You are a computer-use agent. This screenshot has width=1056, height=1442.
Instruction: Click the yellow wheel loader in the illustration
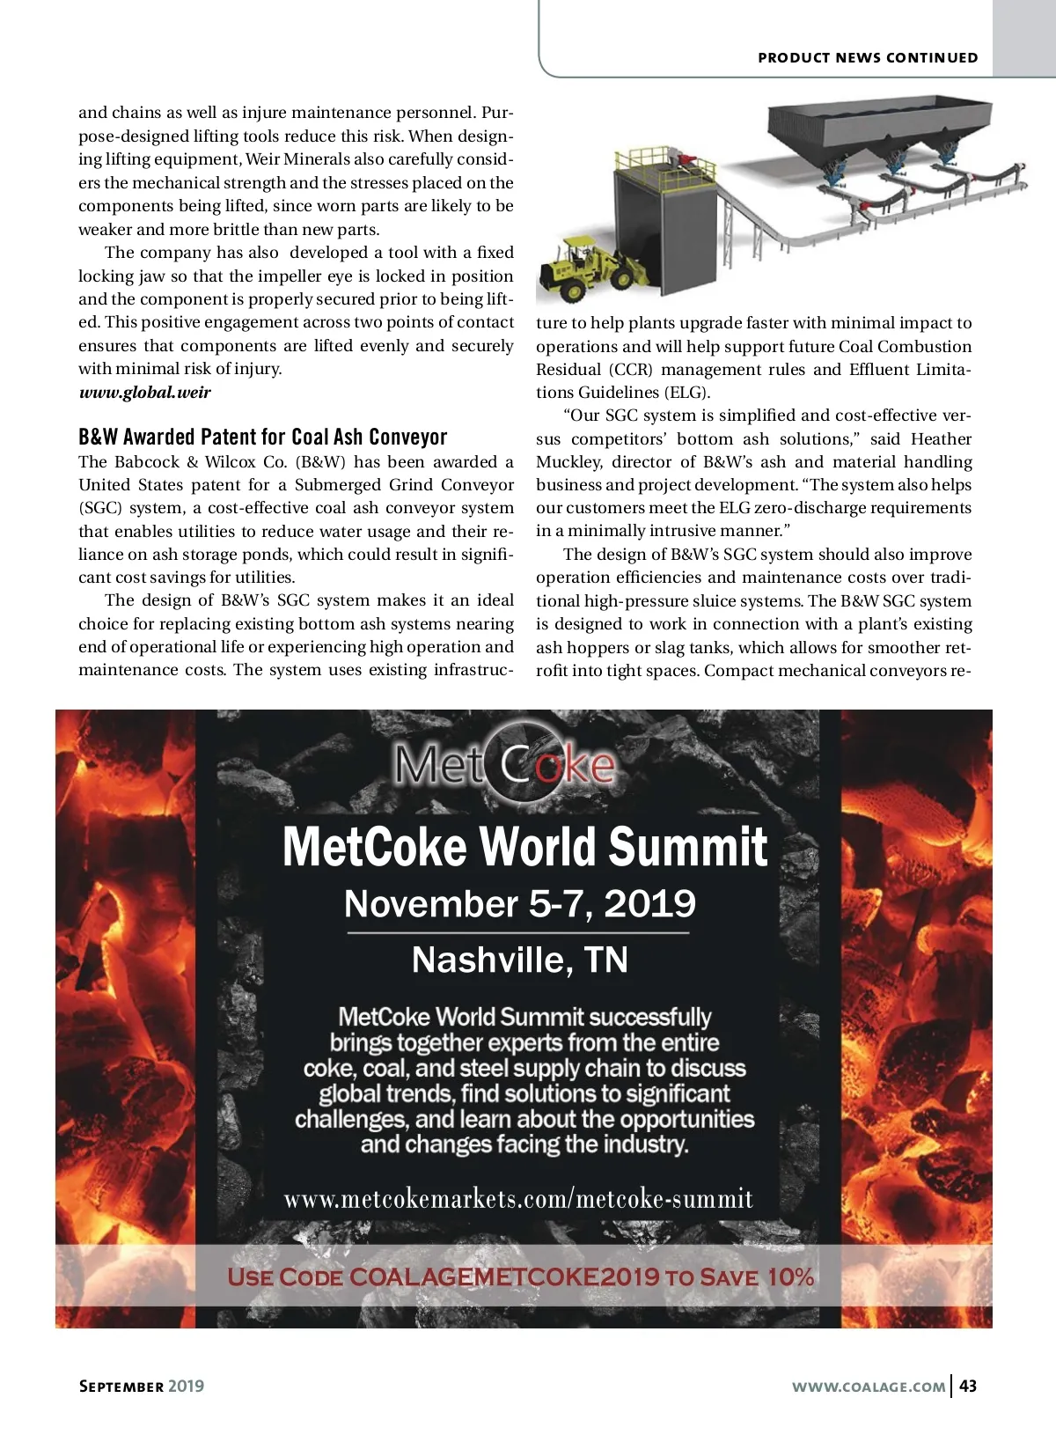pyautogui.click(x=580, y=265)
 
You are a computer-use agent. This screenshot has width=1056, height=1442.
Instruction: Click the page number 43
pyautogui.click(x=968, y=1386)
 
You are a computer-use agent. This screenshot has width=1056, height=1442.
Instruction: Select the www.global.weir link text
pyautogui.click(x=144, y=393)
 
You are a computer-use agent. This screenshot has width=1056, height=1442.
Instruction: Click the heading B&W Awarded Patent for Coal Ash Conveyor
pyautogui.click(x=262, y=438)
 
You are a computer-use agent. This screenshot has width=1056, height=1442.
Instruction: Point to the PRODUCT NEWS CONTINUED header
pyautogui.click(x=868, y=57)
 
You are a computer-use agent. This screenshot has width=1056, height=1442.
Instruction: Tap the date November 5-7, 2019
pyautogui.click(x=519, y=904)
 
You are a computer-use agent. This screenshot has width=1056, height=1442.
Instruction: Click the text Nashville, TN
pyautogui.click(x=519, y=960)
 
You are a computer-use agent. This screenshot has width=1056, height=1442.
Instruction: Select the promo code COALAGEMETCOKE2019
pyautogui.click(x=504, y=1277)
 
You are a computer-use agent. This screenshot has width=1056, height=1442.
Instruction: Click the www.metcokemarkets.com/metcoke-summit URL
pyautogui.click(x=518, y=1199)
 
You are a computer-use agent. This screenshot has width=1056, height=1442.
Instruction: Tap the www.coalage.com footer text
pyautogui.click(x=869, y=1387)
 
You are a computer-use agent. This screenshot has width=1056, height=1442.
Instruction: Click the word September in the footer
pyautogui.click(x=121, y=1387)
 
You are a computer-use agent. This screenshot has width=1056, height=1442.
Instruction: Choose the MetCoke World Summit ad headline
pyautogui.click(x=524, y=847)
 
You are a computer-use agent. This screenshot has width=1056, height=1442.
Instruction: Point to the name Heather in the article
pyautogui.click(x=941, y=438)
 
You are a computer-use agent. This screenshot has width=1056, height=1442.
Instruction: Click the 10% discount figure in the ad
pyautogui.click(x=790, y=1277)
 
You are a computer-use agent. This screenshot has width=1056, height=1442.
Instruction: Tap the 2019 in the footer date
pyautogui.click(x=186, y=1387)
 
